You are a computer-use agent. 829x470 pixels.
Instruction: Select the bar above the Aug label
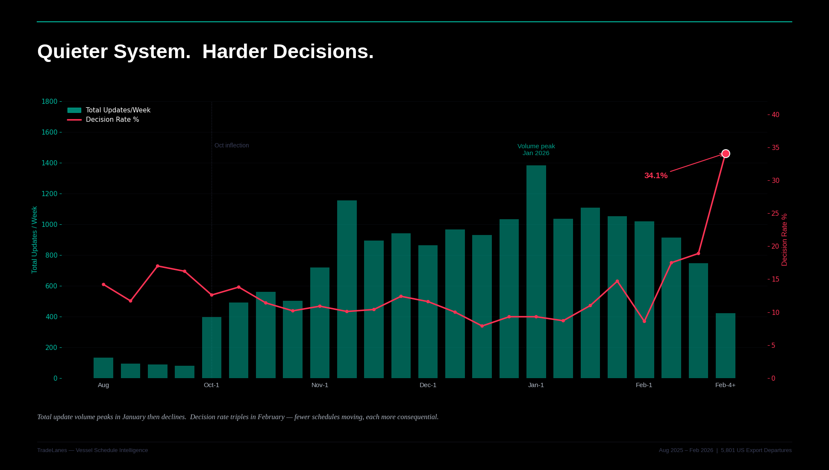click(x=103, y=368)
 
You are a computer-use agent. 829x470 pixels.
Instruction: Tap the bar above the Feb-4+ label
click(x=725, y=346)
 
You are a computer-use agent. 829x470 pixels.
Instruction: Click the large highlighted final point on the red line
click(x=726, y=154)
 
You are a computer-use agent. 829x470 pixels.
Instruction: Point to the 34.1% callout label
click(x=656, y=176)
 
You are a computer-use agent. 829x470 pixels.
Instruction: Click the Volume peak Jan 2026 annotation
click(x=536, y=150)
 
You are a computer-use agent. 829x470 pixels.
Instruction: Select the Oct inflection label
click(x=232, y=145)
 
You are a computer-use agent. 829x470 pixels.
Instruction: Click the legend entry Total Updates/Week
click(x=118, y=110)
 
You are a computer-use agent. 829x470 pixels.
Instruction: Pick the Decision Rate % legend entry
click(x=112, y=120)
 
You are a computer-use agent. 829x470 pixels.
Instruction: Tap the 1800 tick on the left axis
click(x=49, y=102)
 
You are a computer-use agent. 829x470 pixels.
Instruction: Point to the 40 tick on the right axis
click(x=775, y=115)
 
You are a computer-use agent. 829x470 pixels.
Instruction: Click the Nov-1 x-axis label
click(x=320, y=385)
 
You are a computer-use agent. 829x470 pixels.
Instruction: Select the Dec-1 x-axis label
click(x=428, y=385)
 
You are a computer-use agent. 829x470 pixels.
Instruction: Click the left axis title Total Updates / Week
click(x=35, y=240)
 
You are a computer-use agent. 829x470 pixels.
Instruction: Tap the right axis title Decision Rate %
click(x=784, y=240)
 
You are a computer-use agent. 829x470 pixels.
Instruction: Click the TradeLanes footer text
click(x=92, y=450)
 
